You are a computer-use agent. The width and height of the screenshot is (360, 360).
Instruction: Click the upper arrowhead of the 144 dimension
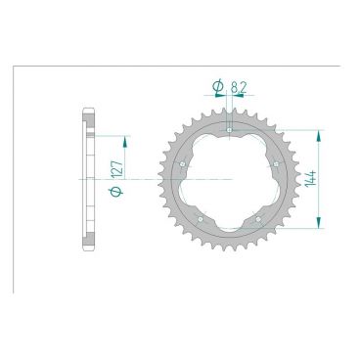pyautogui.click(x=318, y=133)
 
